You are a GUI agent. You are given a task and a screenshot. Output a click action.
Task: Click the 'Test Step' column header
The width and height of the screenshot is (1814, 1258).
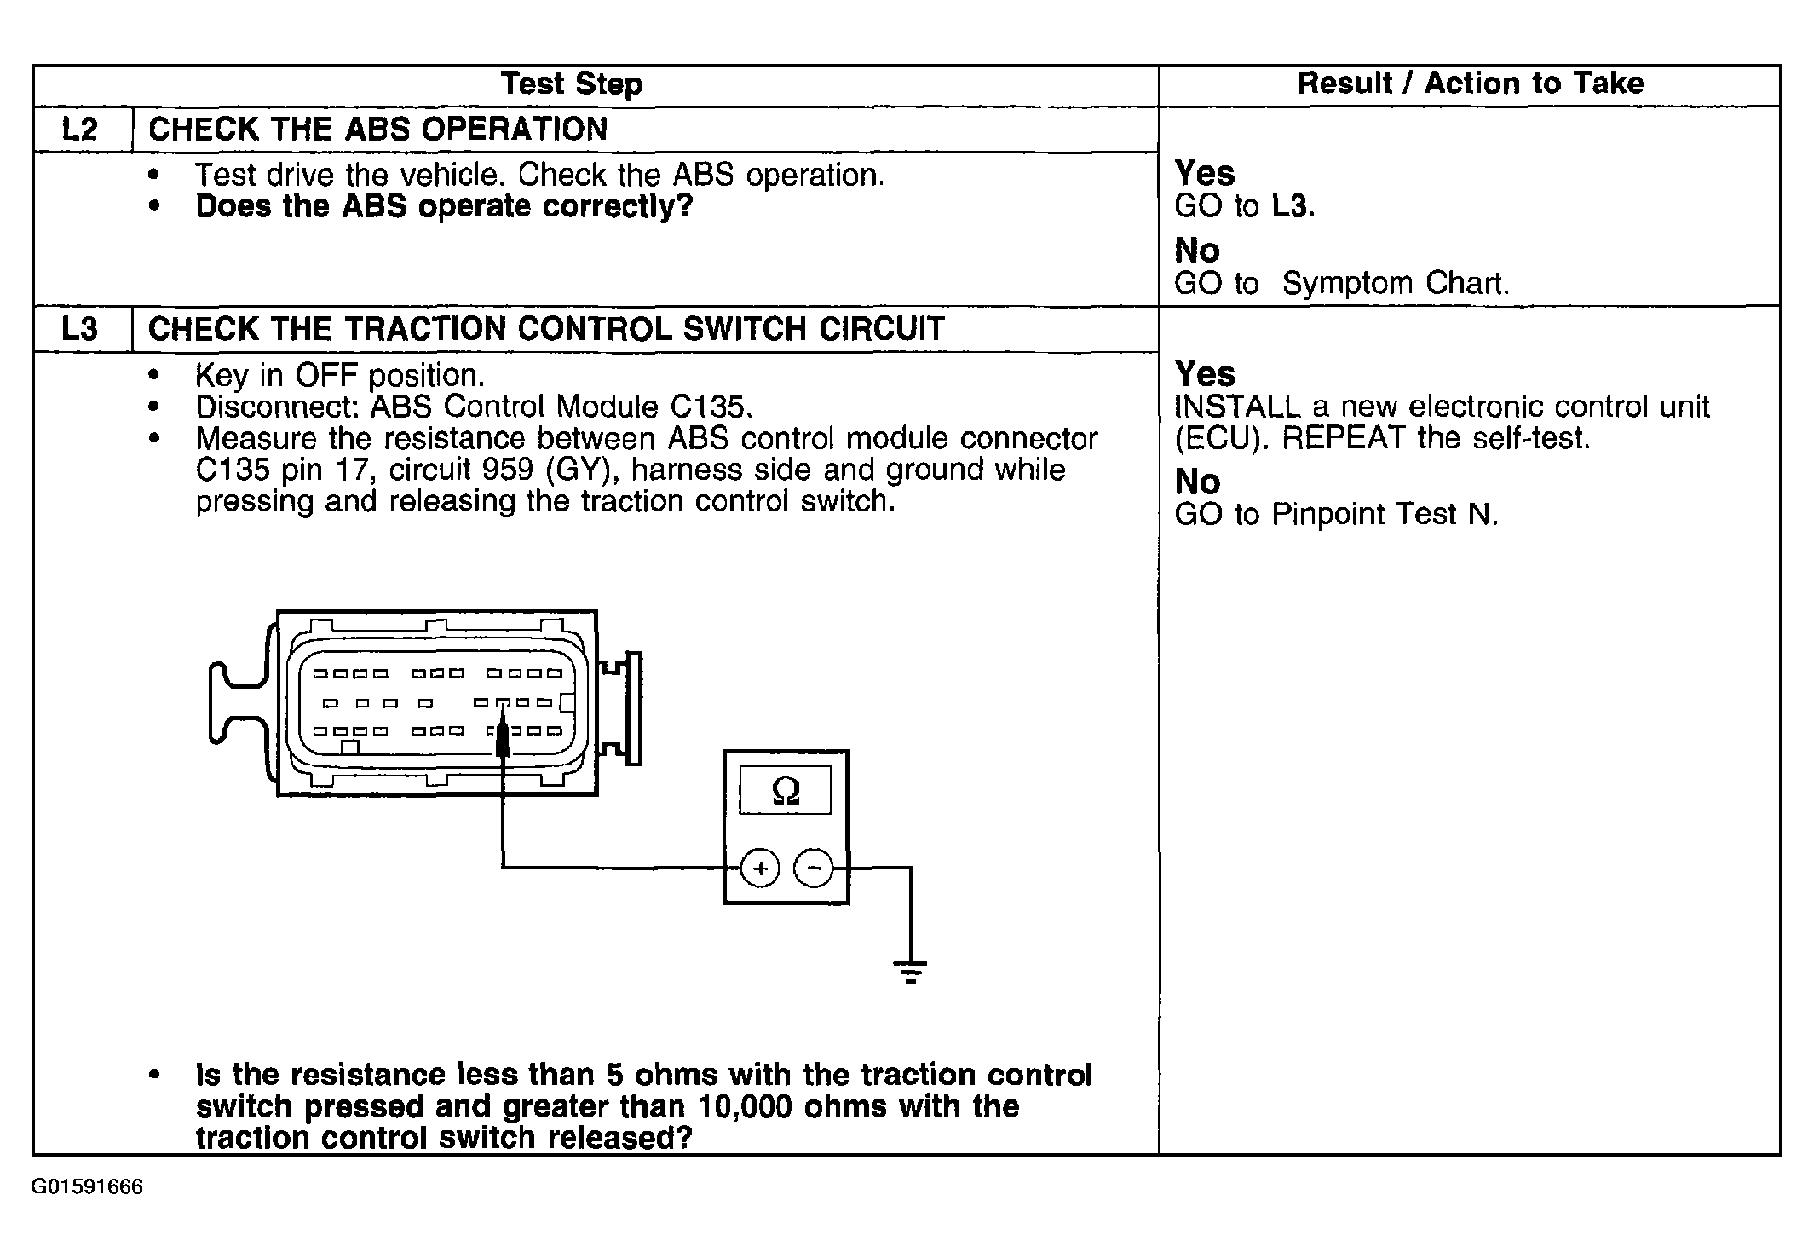pos(571,84)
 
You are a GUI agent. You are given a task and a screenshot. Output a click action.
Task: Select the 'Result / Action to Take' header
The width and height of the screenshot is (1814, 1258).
pos(1470,84)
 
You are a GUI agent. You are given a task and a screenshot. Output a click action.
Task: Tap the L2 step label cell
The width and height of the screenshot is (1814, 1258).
pos(81,130)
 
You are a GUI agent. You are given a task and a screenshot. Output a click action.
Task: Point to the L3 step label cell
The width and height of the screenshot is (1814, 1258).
pos(81,329)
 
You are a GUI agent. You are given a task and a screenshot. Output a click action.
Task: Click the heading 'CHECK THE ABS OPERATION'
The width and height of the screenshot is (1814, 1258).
pos(377,130)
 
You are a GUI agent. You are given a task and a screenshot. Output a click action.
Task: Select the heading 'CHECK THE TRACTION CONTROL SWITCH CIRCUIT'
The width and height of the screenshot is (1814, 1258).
pos(546,329)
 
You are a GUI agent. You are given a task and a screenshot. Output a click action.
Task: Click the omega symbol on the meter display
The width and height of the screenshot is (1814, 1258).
pos(785,791)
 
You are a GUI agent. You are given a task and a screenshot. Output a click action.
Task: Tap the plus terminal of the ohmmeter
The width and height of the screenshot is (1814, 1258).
pos(760,868)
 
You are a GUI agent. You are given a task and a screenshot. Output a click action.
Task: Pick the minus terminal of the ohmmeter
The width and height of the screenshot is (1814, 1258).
pos(815,868)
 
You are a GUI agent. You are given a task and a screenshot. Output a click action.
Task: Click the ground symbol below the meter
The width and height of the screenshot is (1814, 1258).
pos(910,971)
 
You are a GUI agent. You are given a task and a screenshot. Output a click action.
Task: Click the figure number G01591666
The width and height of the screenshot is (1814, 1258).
pos(87,1187)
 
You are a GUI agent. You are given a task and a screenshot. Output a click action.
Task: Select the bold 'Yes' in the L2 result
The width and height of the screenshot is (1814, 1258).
pos(1204,174)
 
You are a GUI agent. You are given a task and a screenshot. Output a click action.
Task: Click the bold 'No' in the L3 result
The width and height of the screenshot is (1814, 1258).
pos(1197,482)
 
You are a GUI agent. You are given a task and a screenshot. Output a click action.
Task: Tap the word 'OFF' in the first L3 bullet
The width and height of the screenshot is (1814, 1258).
pos(327,375)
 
